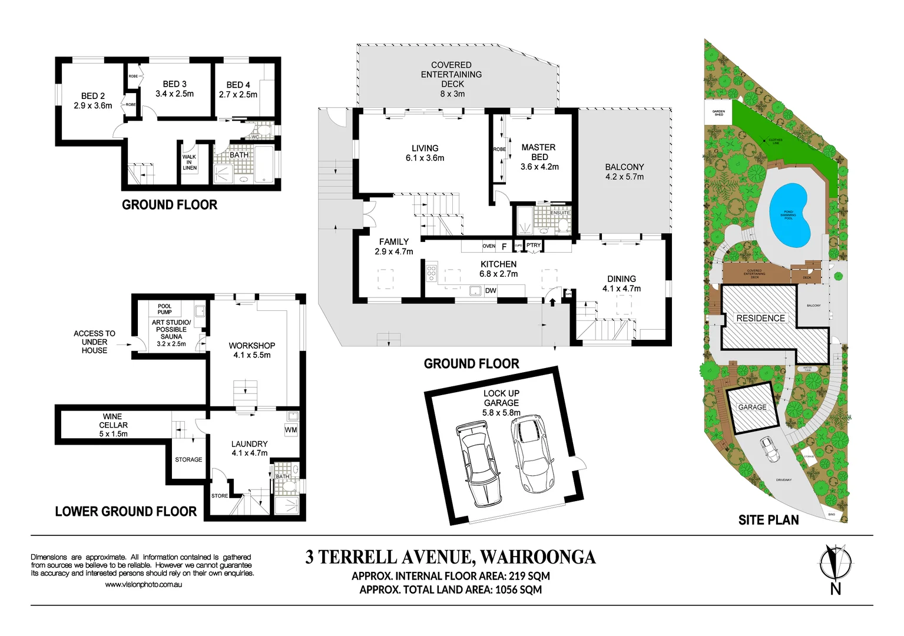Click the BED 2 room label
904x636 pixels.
93,101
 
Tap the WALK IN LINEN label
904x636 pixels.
189,163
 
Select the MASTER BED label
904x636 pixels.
538,157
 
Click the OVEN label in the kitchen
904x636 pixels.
489,246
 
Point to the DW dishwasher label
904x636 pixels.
491,290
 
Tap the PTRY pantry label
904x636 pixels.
534,246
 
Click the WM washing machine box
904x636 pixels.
291,430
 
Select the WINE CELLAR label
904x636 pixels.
113,425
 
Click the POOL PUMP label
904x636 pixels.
165,309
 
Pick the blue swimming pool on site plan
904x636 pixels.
789,216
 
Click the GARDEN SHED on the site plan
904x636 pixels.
718,112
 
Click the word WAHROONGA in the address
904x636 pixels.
538,557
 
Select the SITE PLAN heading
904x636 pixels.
769,520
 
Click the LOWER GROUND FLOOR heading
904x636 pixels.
125,511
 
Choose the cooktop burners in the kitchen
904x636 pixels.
431,272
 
